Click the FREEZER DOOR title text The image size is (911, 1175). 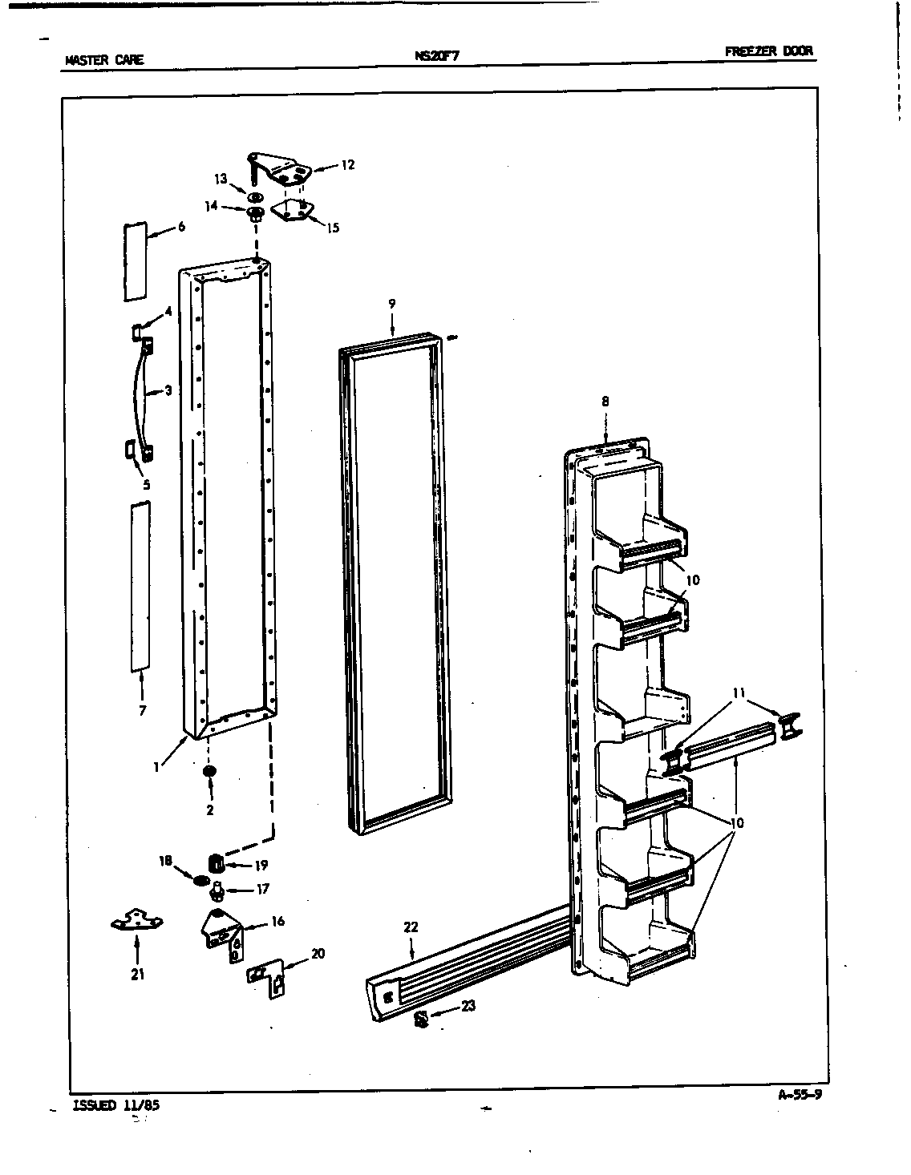click(768, 51)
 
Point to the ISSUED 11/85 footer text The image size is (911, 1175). click(115, 1104)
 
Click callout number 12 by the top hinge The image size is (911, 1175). click(347, 165)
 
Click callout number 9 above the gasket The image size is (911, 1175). click(392, 304)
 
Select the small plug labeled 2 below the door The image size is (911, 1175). click(209, 771)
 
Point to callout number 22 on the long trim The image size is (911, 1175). click(411, 927)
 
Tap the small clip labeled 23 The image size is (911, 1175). click(420, 1019)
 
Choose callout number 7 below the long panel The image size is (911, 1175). click(142, 710)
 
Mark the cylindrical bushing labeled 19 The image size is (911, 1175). click(215, 864)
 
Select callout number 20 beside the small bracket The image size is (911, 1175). click(318, 953)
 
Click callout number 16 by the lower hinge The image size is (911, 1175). click(277, 922)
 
